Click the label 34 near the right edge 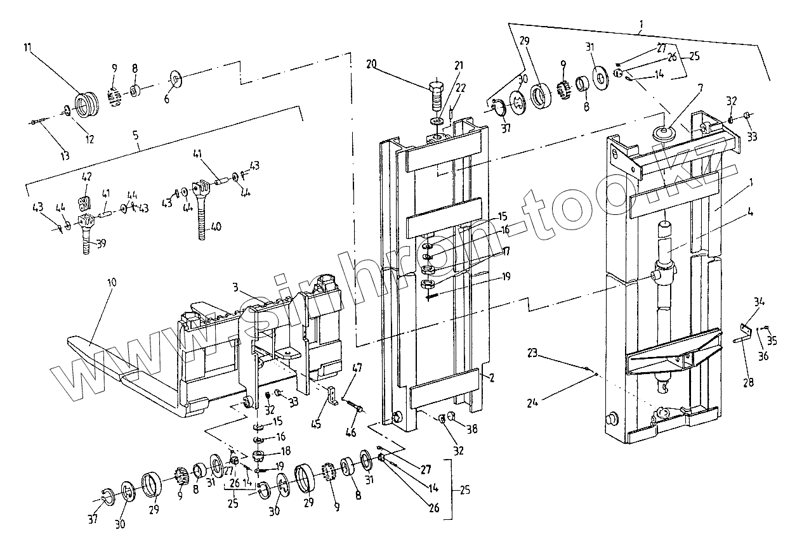pyautogui.click(x=760, y=301)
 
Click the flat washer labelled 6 pyautogui.click(x=175, y=80)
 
